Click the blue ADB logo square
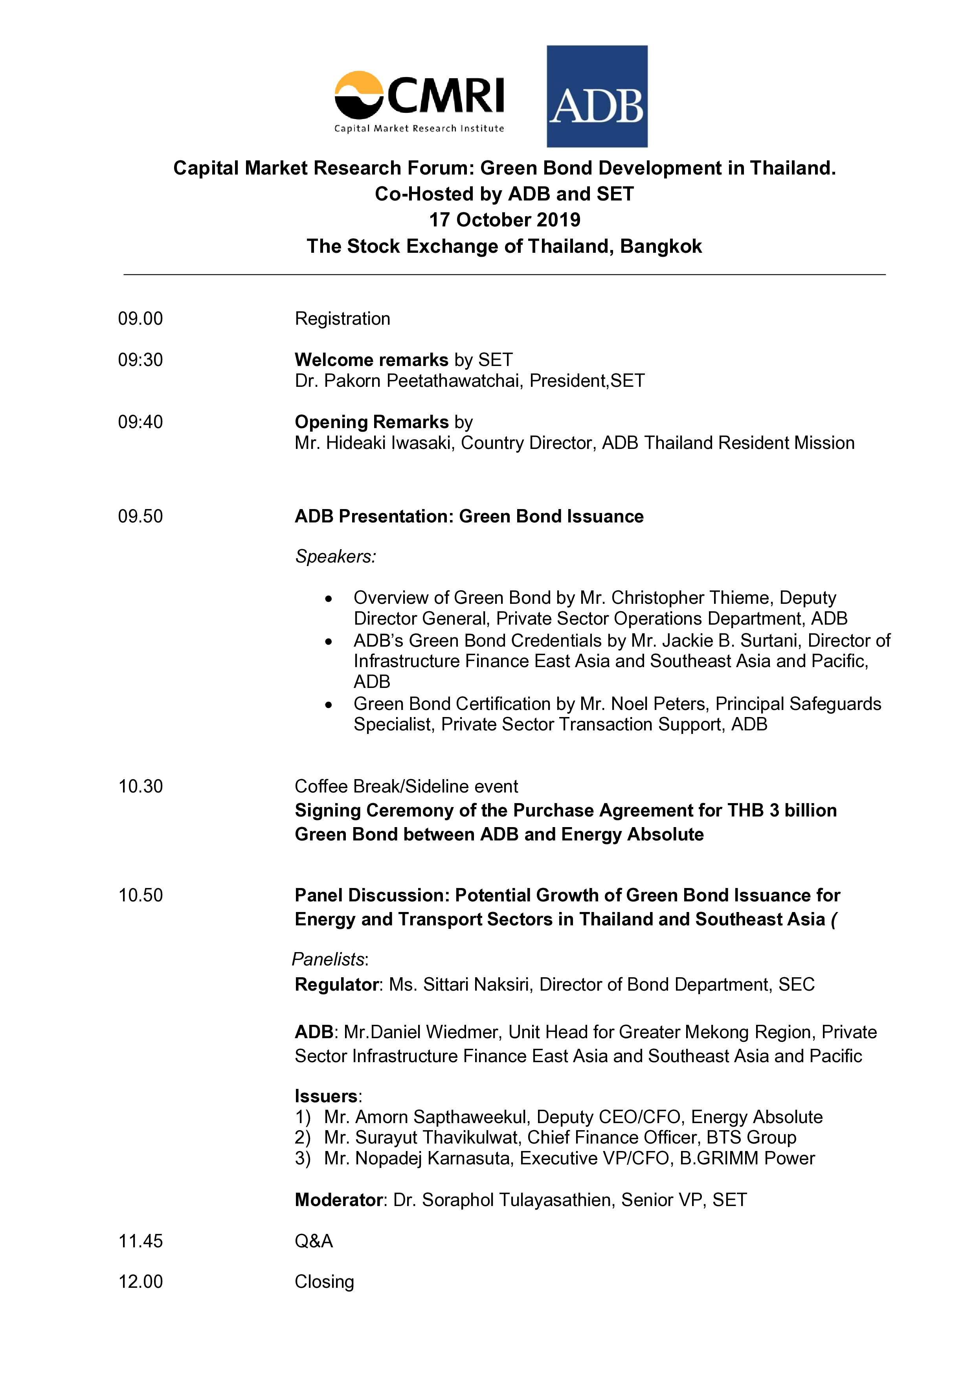tap(597, 96)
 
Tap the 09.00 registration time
tap(140, 319)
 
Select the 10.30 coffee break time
tap(140, 786)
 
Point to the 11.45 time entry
tap(140, 1241)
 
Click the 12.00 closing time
tap(140, 1282)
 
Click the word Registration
tap(342, 319)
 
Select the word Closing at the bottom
tap(324, 1282)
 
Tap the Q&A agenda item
tap(313, 1241)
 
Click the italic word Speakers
tap(335, 557)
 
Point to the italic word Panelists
tap(329, 959)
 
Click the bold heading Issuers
tap(327, 1096)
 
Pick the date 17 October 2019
tap(504, 220)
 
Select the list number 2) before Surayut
tap(303, 1138)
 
